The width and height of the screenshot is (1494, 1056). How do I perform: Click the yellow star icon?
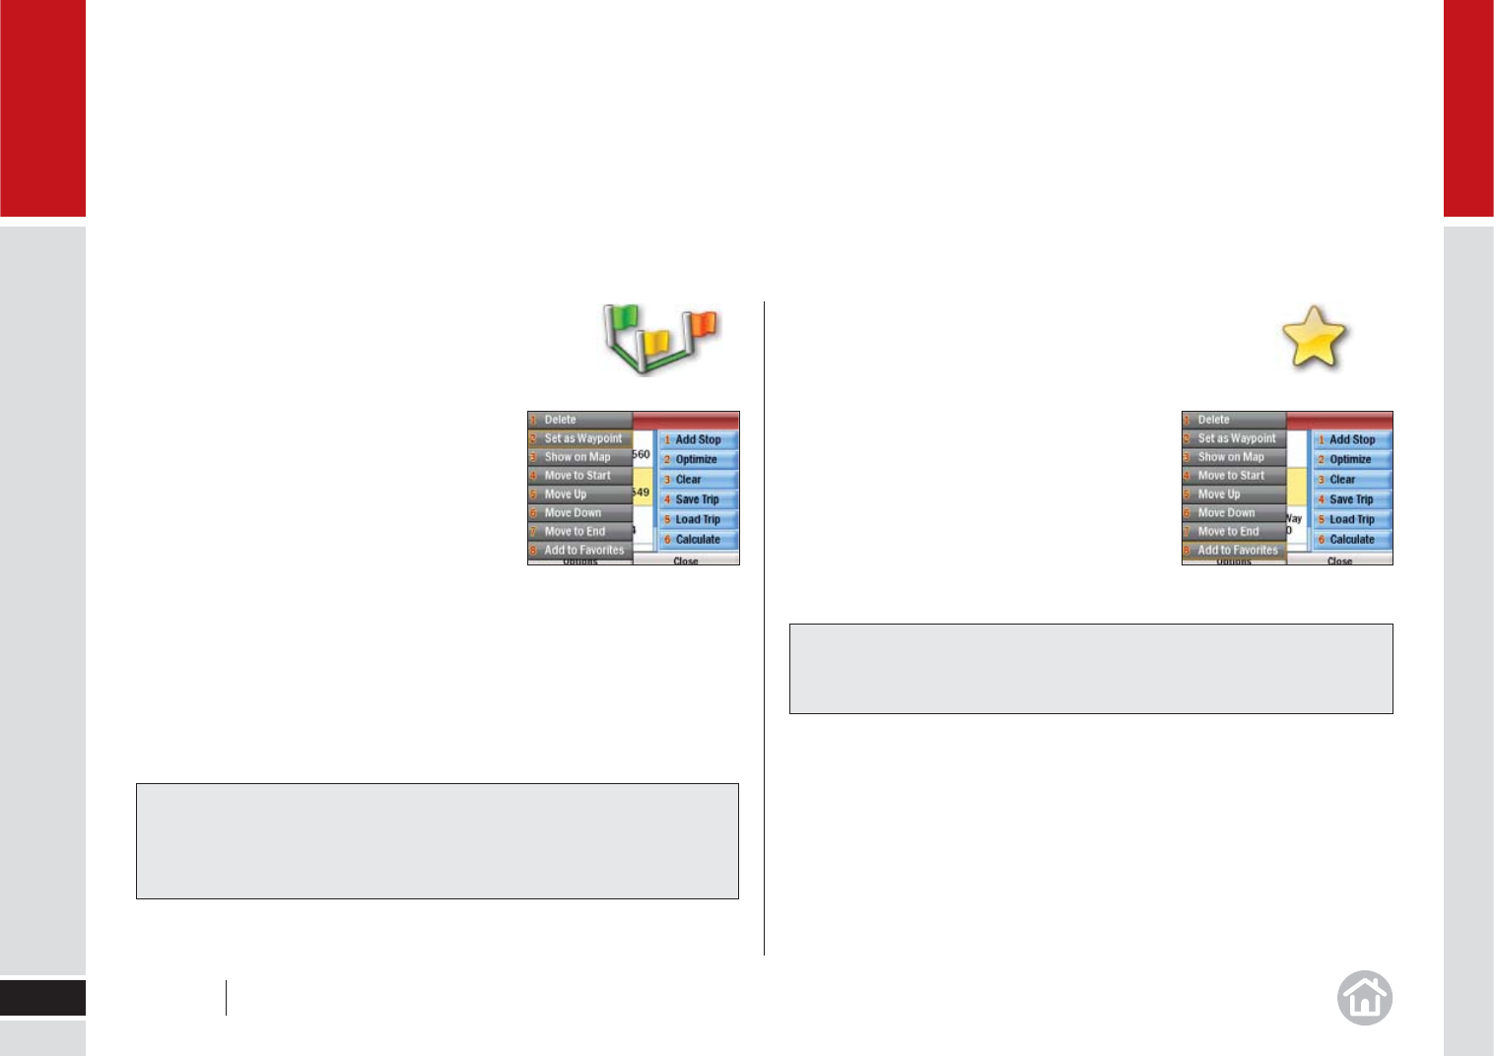tap(1314, 338)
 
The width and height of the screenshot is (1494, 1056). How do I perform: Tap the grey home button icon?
tap(1365, 998)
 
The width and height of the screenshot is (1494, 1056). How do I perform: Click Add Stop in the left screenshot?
tap(698, 439)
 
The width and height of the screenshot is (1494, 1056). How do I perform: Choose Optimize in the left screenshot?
tap(696, 459)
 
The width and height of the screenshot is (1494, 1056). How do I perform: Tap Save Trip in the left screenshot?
tap(697, 499)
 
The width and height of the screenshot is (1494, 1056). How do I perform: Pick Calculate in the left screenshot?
tap(698, 539)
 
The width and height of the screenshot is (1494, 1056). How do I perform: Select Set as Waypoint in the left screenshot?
tap(581, 438)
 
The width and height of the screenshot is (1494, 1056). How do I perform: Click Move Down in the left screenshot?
tap(573, 512)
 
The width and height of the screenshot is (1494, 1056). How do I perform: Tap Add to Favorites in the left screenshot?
tap(583, 550)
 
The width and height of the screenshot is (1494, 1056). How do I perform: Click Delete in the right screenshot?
tap(1214, 420)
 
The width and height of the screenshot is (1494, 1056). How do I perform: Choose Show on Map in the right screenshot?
tap(1231, 457)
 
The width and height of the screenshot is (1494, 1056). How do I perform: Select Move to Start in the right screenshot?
tap(1231, 476)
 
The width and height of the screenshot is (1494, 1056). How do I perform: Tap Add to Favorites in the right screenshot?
tap(1237, 550)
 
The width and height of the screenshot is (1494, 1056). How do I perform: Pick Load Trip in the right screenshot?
tap(1351, 519)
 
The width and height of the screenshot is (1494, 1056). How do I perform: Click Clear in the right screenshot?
tap(1342, 480)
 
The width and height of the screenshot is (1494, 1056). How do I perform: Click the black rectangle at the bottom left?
tap(42, 998)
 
